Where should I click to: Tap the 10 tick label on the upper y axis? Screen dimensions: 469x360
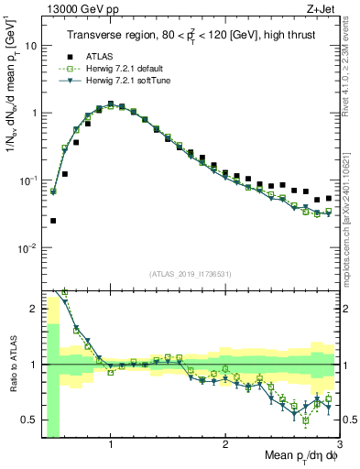[x=29, y=45]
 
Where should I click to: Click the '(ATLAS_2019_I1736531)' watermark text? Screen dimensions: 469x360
[x=190, y=274]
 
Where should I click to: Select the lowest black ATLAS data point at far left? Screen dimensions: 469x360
[x=53, y=221]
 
